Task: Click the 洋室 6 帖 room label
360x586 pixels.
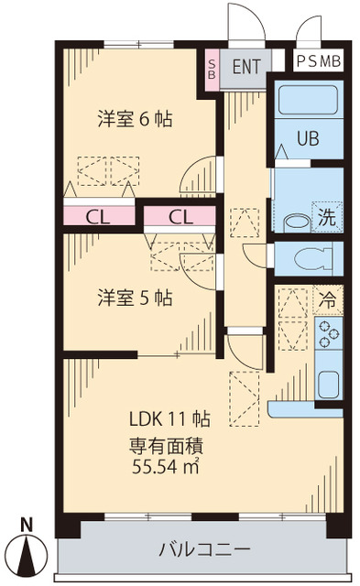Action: [x=136, y=119]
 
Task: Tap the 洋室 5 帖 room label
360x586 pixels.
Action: [x=136, y=298]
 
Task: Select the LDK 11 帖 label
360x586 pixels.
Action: [x=169, y=419]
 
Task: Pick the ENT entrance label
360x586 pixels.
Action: [x=245, y=66]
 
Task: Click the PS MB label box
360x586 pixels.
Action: [x=319, y=61]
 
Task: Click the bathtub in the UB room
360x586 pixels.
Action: [x=309, y=101]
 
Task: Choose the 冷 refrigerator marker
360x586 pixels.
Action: [x=327, y=298]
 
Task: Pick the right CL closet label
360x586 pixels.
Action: [x=180, y=217]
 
